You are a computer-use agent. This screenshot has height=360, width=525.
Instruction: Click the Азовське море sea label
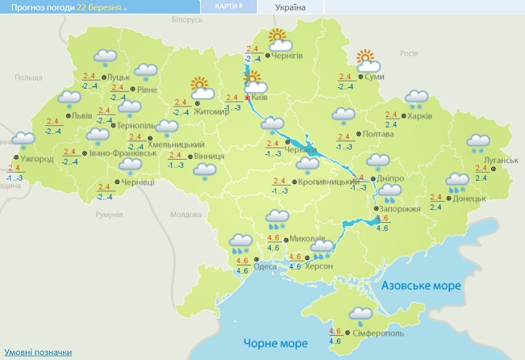[x=420, y=286]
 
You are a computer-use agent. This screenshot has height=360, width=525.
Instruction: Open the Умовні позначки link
[x=38, y=353]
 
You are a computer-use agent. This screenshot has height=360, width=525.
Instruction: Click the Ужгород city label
[x=38, y=159]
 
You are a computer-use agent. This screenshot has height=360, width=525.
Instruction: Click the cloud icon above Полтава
[x=343, y=115]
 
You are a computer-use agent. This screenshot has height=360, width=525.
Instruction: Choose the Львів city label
[x=82, y=115]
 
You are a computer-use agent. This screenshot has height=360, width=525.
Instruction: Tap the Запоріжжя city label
[x=401, y=208]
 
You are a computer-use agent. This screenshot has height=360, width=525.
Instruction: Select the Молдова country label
[x=185, y=216]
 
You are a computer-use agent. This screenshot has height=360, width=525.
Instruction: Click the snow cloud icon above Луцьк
[x=104, y=57]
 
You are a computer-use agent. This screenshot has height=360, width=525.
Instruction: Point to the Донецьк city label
[x=468, y=198]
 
